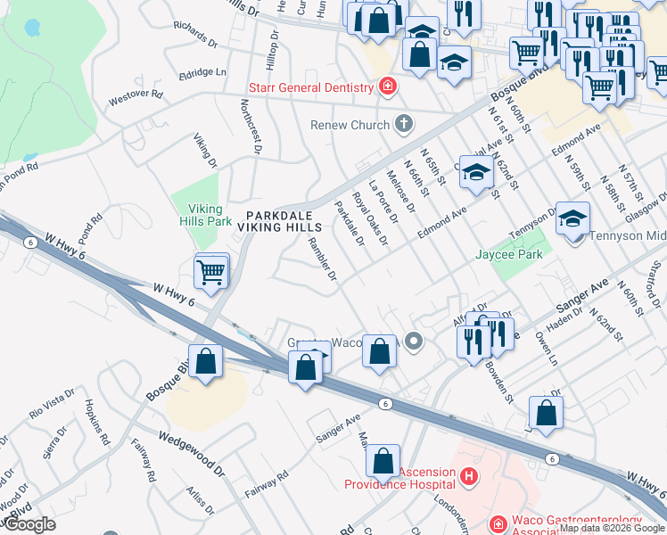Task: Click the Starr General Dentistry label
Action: (x=310, y=87)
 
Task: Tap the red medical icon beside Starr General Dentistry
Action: (x=387, y=86)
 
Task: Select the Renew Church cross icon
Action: (x=403, y=124)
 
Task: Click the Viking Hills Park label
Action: (x=205, y=214)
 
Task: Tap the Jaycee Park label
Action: (x=509, y=254)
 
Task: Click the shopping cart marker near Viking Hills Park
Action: (x=211, y=272)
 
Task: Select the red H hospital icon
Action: (x=470, y=480)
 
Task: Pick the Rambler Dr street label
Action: (x=322, y=259)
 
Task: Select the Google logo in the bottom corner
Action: (x=29, y=524)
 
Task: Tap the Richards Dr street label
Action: (x=196, y=35)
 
